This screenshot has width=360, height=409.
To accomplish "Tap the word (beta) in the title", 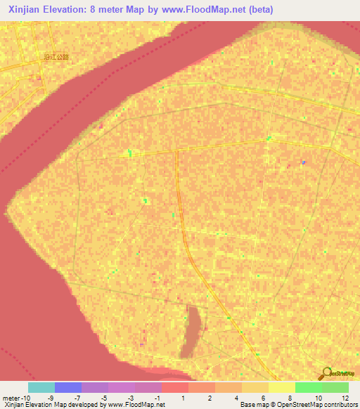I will (x=259, y=9).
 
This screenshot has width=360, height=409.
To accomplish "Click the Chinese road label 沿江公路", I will (x=56, y=58).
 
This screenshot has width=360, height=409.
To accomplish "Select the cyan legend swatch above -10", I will (x=41, y=387).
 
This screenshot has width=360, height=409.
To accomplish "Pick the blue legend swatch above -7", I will (x=68, y=387).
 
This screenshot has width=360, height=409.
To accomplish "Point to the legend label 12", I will (x=344, y=398).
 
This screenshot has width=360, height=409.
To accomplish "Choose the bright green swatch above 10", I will (x=309, y=387).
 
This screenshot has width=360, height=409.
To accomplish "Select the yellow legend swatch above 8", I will (x=282, y=387).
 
